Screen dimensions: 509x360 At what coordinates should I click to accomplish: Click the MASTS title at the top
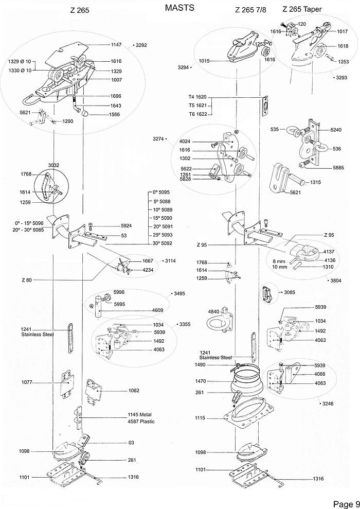coord(179,8)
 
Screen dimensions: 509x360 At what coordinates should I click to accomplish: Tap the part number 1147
coord(116,45)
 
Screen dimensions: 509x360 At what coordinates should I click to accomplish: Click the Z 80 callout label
coord(27,279)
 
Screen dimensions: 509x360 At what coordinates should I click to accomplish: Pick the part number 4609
coord(158,310)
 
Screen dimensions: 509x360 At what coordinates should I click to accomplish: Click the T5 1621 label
coord(197,106)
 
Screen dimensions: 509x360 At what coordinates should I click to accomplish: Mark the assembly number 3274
coord(159,139)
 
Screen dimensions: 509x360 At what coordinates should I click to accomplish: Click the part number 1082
coord(134,391)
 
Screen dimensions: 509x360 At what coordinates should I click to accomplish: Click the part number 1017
coord(343,31)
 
